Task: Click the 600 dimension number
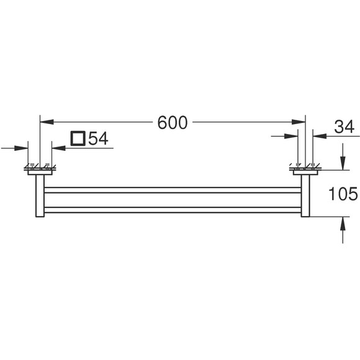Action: tap(173, 122)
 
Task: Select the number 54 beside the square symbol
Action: tap(98, 138)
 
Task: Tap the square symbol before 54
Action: tap(78, 138)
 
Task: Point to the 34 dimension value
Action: tap(344, 127)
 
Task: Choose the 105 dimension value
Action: tap(343, 194)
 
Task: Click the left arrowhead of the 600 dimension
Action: tap(47, 122)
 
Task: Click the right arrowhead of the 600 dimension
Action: tap(299, 122)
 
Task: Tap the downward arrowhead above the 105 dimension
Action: tap(343, 163)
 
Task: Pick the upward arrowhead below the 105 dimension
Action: tap(343, 223)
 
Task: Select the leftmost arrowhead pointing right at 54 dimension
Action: tap(21, 148)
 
